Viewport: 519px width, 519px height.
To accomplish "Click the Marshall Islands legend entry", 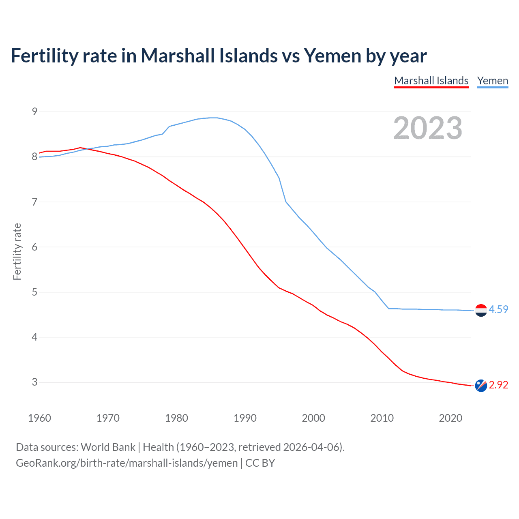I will coord(431,81).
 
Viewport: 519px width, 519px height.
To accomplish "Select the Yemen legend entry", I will coord(492,81).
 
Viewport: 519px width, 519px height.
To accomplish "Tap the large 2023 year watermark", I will coord(428,128).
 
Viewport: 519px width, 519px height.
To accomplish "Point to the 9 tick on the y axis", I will coord(34,112).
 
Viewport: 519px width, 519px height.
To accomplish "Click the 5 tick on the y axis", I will coord(34,292).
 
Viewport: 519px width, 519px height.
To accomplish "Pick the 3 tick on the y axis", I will coord(34,382).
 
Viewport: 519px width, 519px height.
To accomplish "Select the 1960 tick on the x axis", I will coord(39,418).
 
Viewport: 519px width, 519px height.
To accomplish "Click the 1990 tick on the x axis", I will coord(245,418).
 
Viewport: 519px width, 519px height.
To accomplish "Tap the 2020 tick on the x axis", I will coord(450,418).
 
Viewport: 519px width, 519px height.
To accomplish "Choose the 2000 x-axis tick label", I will coord(313,418).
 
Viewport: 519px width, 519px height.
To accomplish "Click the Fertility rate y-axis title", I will coord(17,251).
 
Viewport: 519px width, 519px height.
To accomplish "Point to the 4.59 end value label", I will coord(498,309).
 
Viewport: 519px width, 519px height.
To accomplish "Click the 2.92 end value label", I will coord(498,385).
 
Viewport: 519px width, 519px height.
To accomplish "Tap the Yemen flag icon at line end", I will coord(481,310).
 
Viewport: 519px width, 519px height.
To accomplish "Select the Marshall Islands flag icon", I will coord(481,386).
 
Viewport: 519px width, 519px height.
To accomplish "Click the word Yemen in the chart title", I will coord(332,56).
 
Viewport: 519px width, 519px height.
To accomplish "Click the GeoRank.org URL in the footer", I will coord(127,463).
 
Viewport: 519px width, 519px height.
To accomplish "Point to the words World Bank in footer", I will coord(108,447).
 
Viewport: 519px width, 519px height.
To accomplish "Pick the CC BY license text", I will coord(260,463).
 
